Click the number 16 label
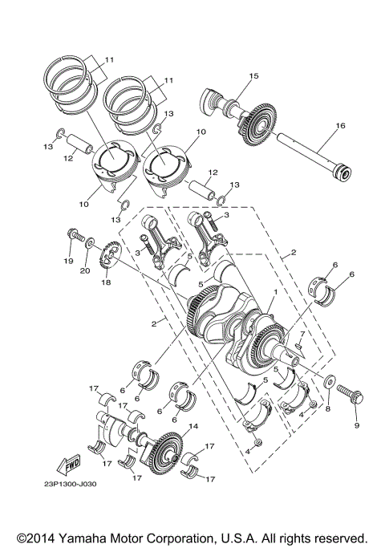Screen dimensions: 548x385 (x=340, y=126)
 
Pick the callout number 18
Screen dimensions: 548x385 (x=104, y=283)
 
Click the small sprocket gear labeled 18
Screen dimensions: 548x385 (x=109, y=259)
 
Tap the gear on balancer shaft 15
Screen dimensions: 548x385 (x=256, y=127)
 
